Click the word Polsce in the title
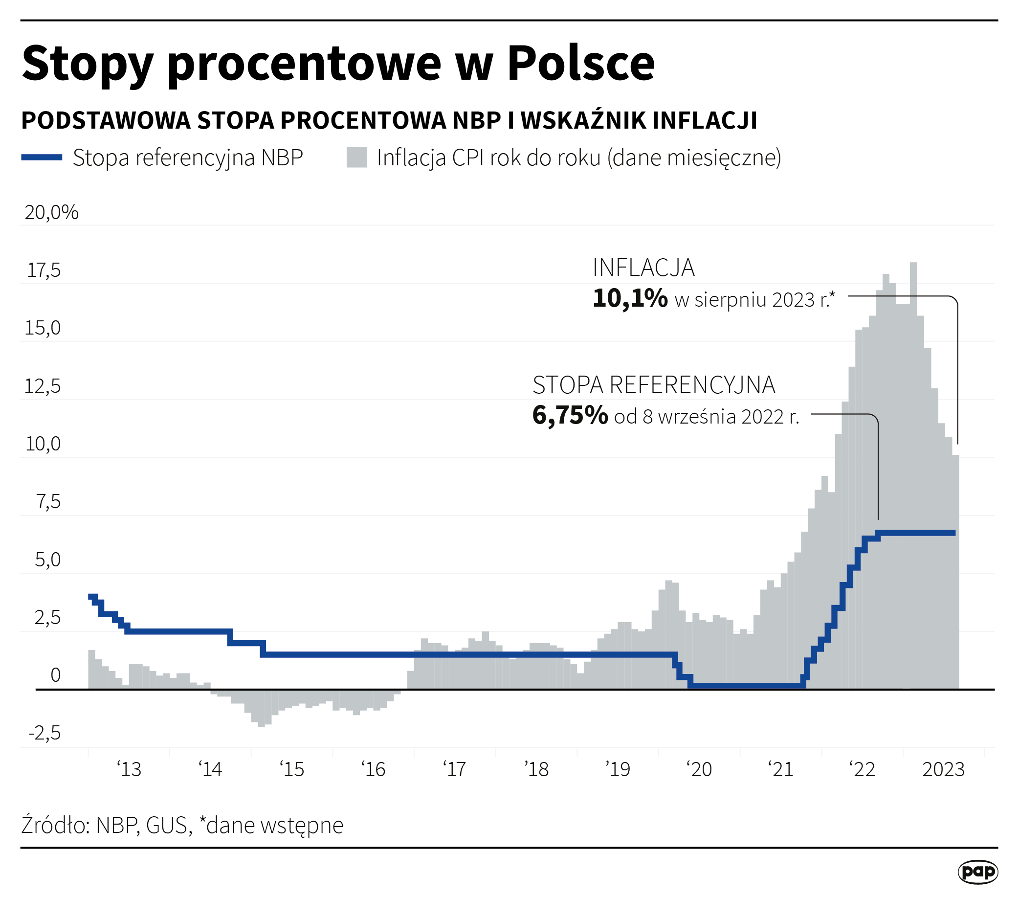click(581, 63)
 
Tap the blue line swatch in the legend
click(42, 157)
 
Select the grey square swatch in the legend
click(356, 157)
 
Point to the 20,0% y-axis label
click(51, 213)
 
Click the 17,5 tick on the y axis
click(44, 270)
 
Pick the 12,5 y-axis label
click(43, 386)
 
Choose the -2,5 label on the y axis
click(45, 734)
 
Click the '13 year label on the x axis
click(129, 769)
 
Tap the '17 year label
click(454, 769)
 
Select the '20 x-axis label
click(699, 769)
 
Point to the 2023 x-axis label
click(943, 769)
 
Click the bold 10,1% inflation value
click(630, 299)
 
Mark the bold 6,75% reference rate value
click(570, 415)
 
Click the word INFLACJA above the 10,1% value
click(643, 268)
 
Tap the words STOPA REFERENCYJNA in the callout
click(654, 385)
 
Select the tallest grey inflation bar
click(913, 449)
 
